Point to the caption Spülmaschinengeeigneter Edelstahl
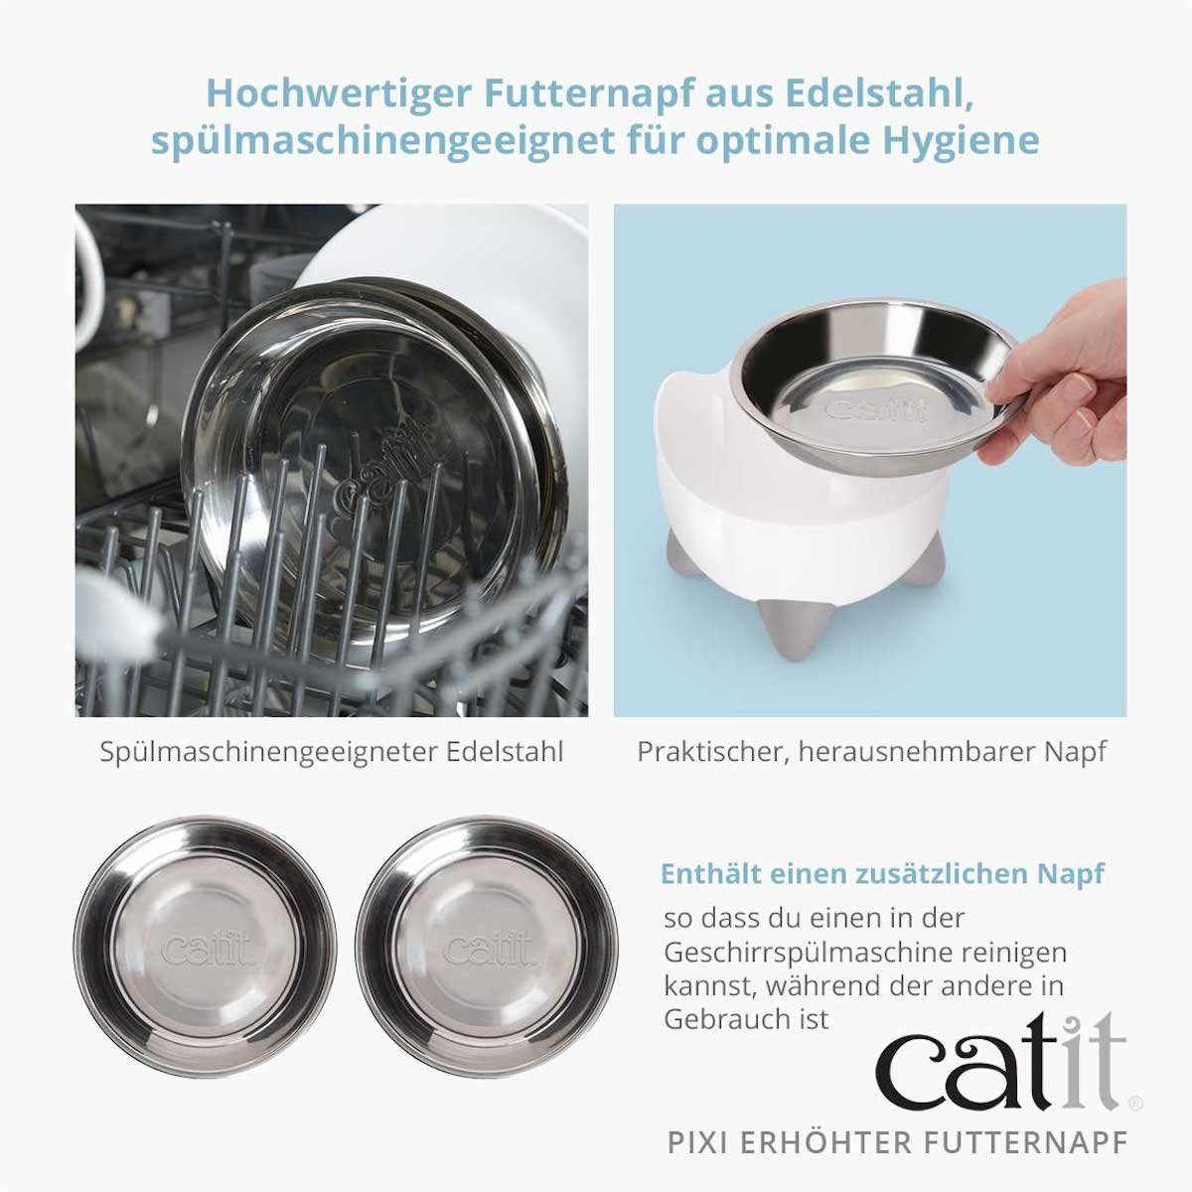click(331, 751)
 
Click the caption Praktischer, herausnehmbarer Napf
click(871, 751)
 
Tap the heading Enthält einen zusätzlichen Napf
click(882, 874)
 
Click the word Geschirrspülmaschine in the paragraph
click(798, 952)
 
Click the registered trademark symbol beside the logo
click(1136, 1103)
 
